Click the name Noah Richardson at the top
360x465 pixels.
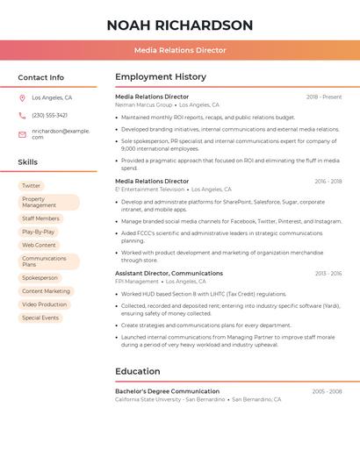180,25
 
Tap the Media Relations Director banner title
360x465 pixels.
180,50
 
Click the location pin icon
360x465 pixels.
22,98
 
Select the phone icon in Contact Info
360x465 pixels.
22,115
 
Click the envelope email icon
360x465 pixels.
22,134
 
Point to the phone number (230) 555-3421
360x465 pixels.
49,115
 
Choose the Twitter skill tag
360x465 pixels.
31,185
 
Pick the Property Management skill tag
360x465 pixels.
48,202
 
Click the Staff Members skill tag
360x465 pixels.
40,218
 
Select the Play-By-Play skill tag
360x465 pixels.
39,232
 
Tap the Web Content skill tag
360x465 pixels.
39,245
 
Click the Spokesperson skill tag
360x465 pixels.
40,277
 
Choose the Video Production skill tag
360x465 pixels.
44,304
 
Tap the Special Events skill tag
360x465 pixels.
40,318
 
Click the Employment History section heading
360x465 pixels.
161,77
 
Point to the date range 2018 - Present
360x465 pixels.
324,97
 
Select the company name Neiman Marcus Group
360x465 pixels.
143,104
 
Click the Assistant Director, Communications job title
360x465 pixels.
169,273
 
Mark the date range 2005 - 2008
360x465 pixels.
327,391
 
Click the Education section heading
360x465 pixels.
138,371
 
